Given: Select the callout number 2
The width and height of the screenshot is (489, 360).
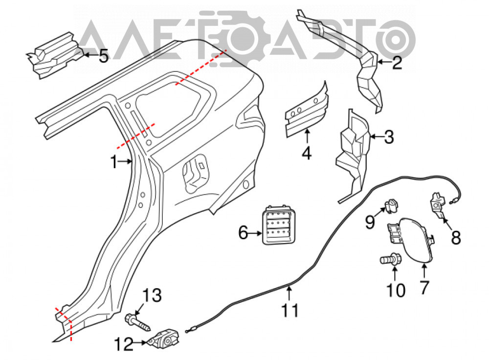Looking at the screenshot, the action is pyautogui.click(x=397, y=63).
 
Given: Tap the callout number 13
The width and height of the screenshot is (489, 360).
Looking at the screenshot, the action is pyautogui.click(x=152, y=295).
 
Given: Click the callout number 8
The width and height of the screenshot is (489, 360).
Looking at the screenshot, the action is pyautogui.click(x=456, y=238).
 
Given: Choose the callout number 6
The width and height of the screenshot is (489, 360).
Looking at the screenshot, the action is pyautogui.click(x=243, y=232).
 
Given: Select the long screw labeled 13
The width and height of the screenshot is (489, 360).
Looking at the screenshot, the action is pyautogui.click(x=138, y=323).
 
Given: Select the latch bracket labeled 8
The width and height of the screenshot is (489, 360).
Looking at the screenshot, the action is pyautogui.click(x=439, y=205).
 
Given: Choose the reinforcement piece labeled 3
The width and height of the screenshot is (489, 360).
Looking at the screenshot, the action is pyautogui.click(x=354, y=155).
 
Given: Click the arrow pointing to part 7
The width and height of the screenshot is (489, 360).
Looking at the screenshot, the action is pyautogui.click(x=424, y=271).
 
